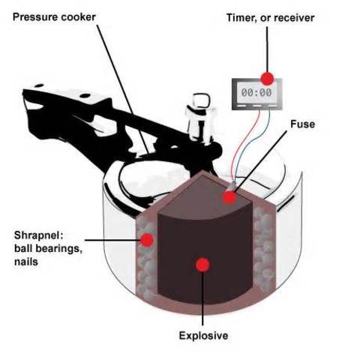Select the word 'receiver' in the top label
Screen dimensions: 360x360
point(292,16)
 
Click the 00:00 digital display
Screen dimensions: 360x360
point(256,93)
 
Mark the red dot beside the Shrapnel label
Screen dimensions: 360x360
point(148,239)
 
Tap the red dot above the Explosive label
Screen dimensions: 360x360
point(201,264)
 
